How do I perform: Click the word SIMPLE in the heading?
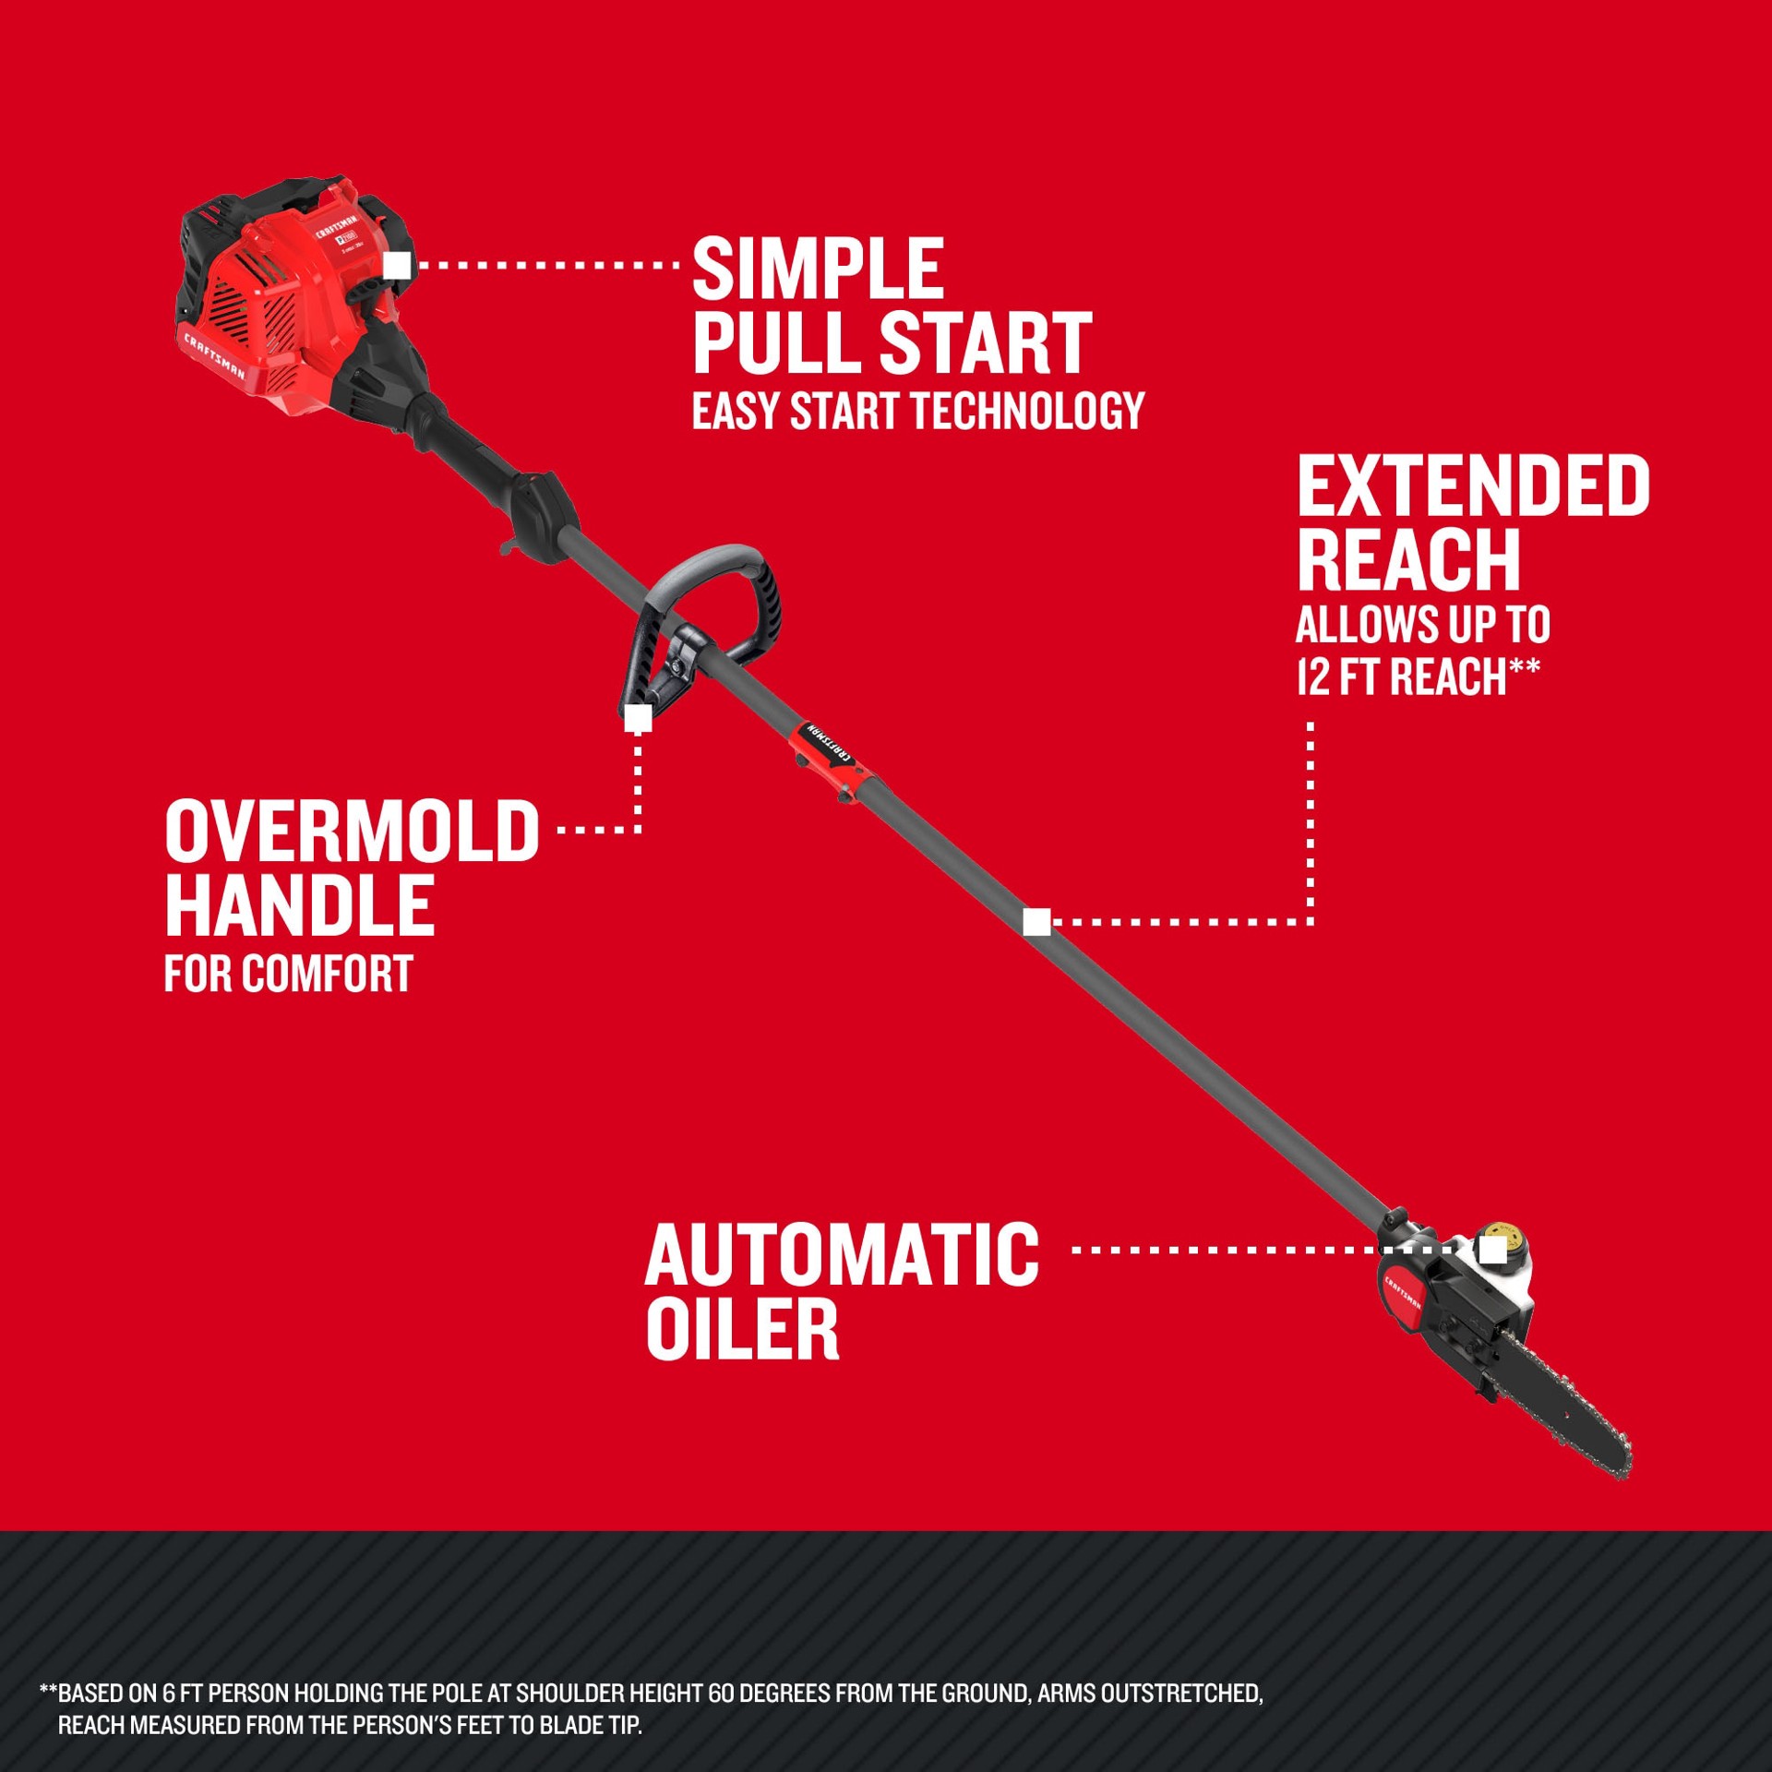(818, 269)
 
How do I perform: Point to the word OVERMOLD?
(352, 832)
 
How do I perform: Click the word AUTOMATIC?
(842, 1255)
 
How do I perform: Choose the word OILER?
(742, 1329)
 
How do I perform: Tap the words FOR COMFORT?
(288, 975)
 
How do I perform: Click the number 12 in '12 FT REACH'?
(1312, 677)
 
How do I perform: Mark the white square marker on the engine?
(397, 266)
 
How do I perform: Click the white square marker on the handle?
(639, 718)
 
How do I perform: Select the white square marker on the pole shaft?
(1037, 921)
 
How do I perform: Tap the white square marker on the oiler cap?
(1492, 1251)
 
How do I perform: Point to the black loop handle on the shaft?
(729, 591)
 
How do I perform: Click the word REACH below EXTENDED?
(1408, 560)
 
